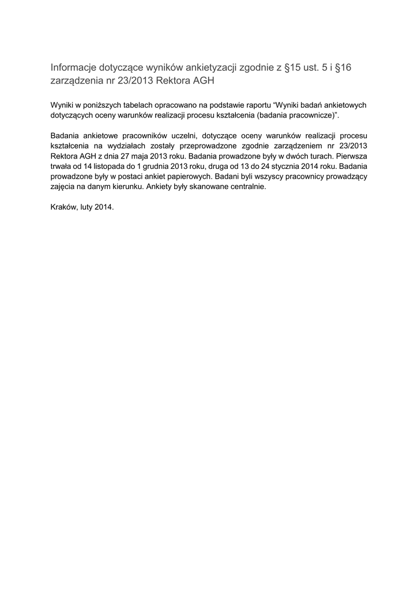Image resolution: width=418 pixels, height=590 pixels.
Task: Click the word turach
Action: (x=310, y=156)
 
